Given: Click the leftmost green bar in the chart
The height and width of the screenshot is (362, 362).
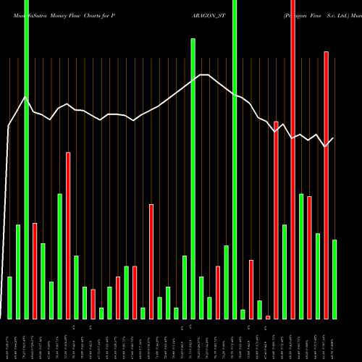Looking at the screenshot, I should coord(9,298).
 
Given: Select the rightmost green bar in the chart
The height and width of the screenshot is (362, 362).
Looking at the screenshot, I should coord(334,279).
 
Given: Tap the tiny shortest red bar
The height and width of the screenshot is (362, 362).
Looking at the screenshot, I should coord(268,317).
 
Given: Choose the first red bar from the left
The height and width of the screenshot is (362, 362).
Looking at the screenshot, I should coord(35,271).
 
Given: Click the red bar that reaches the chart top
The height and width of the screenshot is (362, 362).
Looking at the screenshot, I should coord(293,159).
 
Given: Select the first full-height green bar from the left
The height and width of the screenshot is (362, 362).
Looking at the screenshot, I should coord(26,159).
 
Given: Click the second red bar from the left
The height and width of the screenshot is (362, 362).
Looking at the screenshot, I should coord(68,235).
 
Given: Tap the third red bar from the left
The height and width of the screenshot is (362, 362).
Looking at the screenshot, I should coord(93,304).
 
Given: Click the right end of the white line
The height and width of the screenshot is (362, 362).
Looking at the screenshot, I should coord(333,138).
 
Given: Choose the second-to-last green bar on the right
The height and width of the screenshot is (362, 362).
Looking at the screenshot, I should coord(318,276).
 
